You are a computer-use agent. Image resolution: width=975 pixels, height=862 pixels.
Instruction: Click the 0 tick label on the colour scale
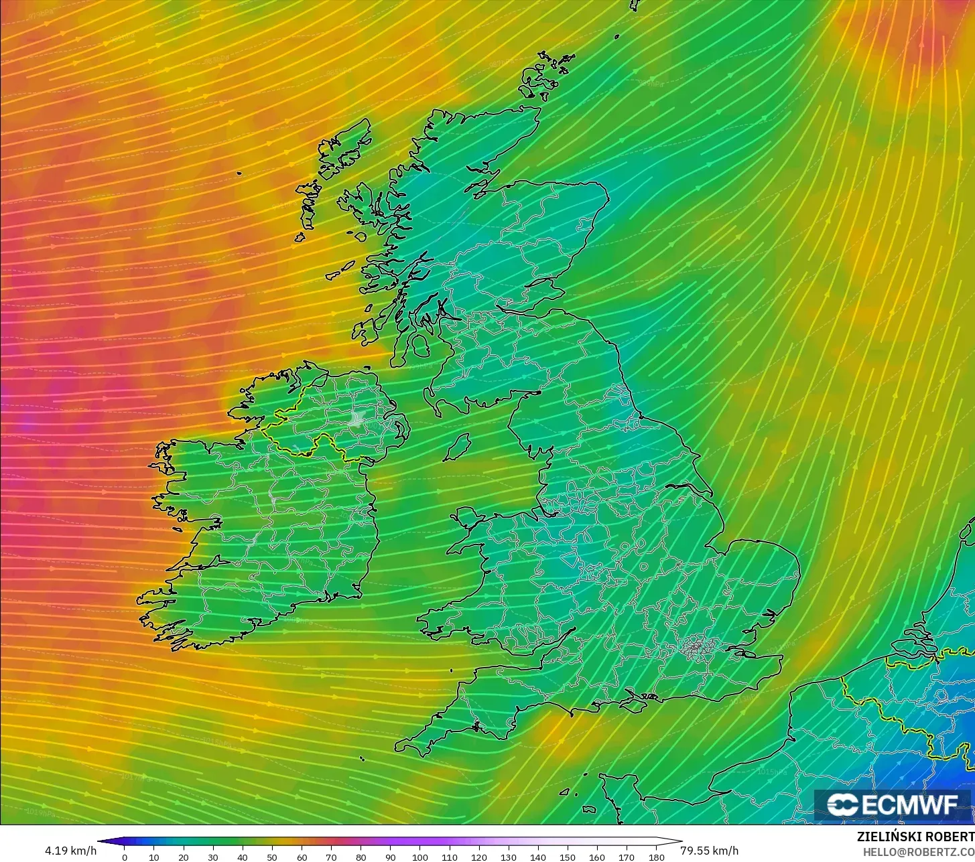click(124, 857)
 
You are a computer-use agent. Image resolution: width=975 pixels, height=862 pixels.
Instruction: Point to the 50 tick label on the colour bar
click(272, 857)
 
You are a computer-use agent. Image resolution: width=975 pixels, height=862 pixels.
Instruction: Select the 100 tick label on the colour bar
click(420, 857)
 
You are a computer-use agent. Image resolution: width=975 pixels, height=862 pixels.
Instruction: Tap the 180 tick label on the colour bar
click(657, 857)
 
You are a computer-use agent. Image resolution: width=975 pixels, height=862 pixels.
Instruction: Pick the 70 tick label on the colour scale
click(331, 857)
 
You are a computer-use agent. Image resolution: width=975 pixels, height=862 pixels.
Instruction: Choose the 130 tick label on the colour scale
click(509, 857)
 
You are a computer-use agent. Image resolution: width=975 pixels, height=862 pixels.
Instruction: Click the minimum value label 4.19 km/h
click(70, 851)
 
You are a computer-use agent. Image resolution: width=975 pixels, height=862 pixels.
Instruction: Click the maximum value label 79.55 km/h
click(710, 851)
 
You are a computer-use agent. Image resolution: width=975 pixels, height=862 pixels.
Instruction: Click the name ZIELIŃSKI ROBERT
click(915, 837)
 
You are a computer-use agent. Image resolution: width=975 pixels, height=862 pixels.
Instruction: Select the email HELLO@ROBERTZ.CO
click(919, 851)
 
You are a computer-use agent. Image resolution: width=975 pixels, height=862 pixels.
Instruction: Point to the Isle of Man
click(457, 447)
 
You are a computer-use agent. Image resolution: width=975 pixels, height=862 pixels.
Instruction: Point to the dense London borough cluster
click(697, 647)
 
